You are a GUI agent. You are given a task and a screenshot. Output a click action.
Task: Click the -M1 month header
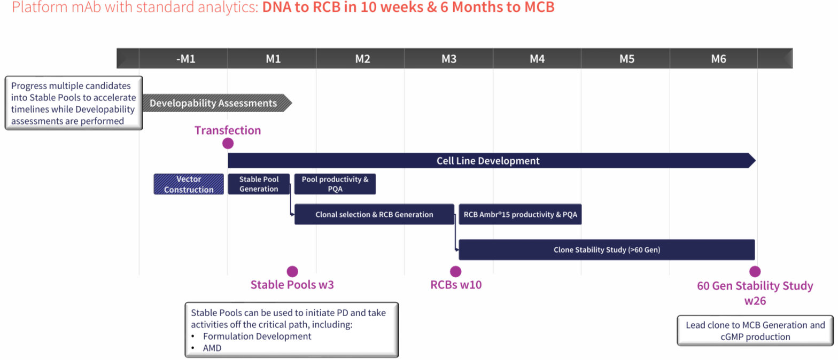(185, 59)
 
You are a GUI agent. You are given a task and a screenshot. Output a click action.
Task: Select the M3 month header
(449, 59)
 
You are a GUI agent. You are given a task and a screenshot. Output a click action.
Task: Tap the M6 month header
(719, 59)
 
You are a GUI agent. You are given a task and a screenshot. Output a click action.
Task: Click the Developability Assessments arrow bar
(214, 103)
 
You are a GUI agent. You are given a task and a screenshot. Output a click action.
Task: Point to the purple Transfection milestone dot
(228, 143)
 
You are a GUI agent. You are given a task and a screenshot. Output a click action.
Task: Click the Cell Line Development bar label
(488, 161)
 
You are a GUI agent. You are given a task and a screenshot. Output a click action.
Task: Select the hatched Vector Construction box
(189, 184)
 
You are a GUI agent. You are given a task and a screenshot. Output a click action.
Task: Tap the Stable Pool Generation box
(259, 184)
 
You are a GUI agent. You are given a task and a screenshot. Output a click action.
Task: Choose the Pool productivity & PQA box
(335, 184)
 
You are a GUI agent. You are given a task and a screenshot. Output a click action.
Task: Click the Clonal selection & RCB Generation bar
(374, 215)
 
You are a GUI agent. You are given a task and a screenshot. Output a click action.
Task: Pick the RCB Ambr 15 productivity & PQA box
(519, 215)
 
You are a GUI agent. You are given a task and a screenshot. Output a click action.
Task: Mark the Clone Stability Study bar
(607, 249)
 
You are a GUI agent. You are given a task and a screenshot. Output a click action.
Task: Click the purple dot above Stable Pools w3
(292, 271)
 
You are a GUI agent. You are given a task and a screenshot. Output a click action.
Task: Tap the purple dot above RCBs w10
(455, 271)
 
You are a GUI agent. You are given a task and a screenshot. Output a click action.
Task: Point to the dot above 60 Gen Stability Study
(755, 271)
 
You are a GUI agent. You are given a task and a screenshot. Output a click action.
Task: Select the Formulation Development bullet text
(257, 336)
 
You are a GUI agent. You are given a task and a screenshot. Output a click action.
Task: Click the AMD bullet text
(212, 348)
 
